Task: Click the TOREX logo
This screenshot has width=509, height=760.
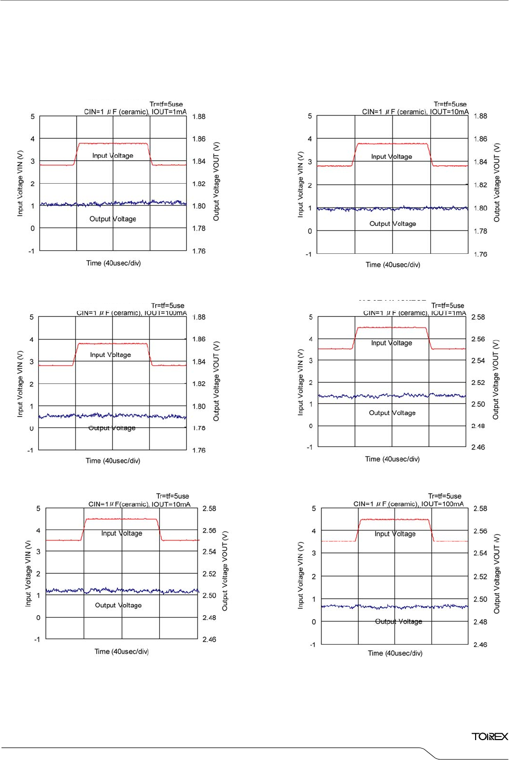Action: pyautogui.click(x=490, y=736)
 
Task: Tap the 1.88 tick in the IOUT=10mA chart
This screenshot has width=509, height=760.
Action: pyautogui.click(x=480, y=116)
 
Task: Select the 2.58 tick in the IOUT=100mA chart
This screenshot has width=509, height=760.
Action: pyautogui.click(x=480, y=508)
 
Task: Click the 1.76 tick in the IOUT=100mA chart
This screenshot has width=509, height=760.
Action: pyautogui.click(x=199, y=450)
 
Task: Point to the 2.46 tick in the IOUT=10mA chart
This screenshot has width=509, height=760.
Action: pyautogui.click(x=209, y=639)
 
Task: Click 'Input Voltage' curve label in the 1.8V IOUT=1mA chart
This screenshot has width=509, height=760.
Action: pyautogui.click(x=112, y=155)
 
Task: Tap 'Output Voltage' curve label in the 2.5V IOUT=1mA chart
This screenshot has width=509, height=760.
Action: pyautogui.click(x=392, y=413)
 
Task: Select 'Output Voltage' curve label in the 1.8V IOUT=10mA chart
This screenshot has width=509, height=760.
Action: pyautogui.click(x=393, y=223)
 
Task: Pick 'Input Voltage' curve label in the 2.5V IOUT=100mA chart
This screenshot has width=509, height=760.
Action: pyautogui.click(x=395, y=534)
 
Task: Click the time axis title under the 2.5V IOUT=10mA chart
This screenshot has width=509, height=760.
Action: pyautogui.click(x=121, y=651)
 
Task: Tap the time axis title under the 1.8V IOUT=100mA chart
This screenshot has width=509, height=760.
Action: pyautogui.click(x=113, y=460)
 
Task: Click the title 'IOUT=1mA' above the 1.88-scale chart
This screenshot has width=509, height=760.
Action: pyautogui.click(x=169, y=111)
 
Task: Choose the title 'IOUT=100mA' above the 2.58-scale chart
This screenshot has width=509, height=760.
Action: pyautogui.click(x=442, y=504)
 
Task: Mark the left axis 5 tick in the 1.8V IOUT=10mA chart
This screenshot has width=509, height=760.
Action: pyautogui.click(x=309, y=116)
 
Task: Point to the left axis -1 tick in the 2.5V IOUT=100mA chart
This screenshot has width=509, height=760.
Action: pyautogui.click(x=312, y=645)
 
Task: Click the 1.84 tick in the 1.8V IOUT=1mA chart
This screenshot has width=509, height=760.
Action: pyautogui.click(x=199, y=161)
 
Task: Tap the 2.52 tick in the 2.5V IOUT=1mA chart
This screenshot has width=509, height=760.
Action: pyautogui.click(x=478, y=382)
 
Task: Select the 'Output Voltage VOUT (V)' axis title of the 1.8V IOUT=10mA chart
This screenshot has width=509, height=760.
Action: pyautogui.click(x=497, y=182)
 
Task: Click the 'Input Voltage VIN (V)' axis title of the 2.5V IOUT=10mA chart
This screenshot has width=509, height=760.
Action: pyautogui.click(x=28, y=573)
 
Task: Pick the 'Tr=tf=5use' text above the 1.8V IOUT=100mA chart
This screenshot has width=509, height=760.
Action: pyautogui.click(x=168, y=305)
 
